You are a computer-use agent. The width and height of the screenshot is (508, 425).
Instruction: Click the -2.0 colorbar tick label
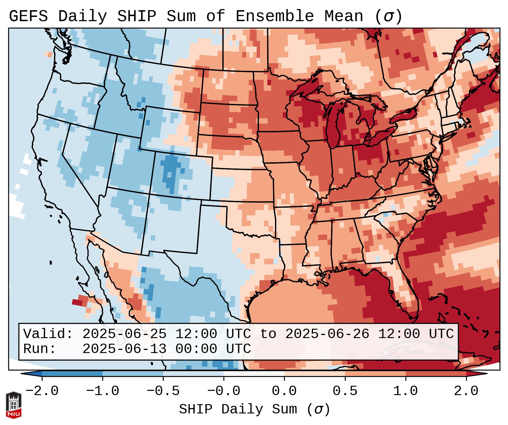coord(42,391)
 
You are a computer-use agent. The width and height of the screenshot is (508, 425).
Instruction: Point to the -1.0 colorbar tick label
coord(103,391)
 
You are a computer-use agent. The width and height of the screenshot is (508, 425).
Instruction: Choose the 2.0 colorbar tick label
coord(466,391)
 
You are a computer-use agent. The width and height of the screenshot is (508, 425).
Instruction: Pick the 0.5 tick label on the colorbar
coord(345,391)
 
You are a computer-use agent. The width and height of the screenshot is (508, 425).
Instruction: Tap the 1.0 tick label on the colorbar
coord(406,391)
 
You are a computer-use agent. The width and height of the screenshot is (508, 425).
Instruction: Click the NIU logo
coord(14,405)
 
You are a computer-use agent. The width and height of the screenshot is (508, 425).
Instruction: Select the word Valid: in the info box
coord(48,334)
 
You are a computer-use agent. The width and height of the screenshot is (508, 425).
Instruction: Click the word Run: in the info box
coord(39,349)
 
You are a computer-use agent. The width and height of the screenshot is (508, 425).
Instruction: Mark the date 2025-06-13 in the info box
coord(124,349)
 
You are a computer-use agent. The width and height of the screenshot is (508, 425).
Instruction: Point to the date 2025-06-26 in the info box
coord(327,334)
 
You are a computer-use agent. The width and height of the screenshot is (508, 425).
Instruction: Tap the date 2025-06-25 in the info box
coord(124,334)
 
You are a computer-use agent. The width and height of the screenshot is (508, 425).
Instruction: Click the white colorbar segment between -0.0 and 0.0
coord(254,374)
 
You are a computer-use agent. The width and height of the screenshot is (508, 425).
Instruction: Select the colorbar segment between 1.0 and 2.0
coord(436,374)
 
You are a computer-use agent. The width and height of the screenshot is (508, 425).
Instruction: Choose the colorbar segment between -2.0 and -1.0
coord(72,374)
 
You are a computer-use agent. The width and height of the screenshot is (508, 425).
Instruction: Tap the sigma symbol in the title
coord(388,17)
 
